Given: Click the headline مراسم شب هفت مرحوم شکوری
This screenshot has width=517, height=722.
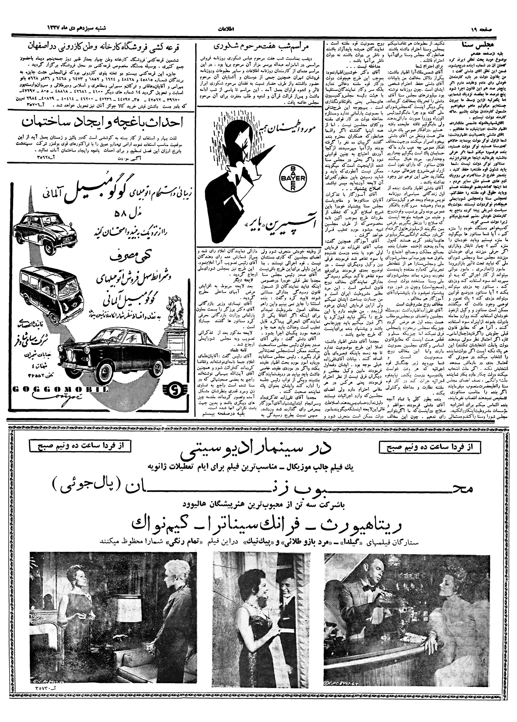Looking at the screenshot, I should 259,46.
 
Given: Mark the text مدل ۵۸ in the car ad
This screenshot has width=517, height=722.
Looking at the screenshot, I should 123,214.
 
